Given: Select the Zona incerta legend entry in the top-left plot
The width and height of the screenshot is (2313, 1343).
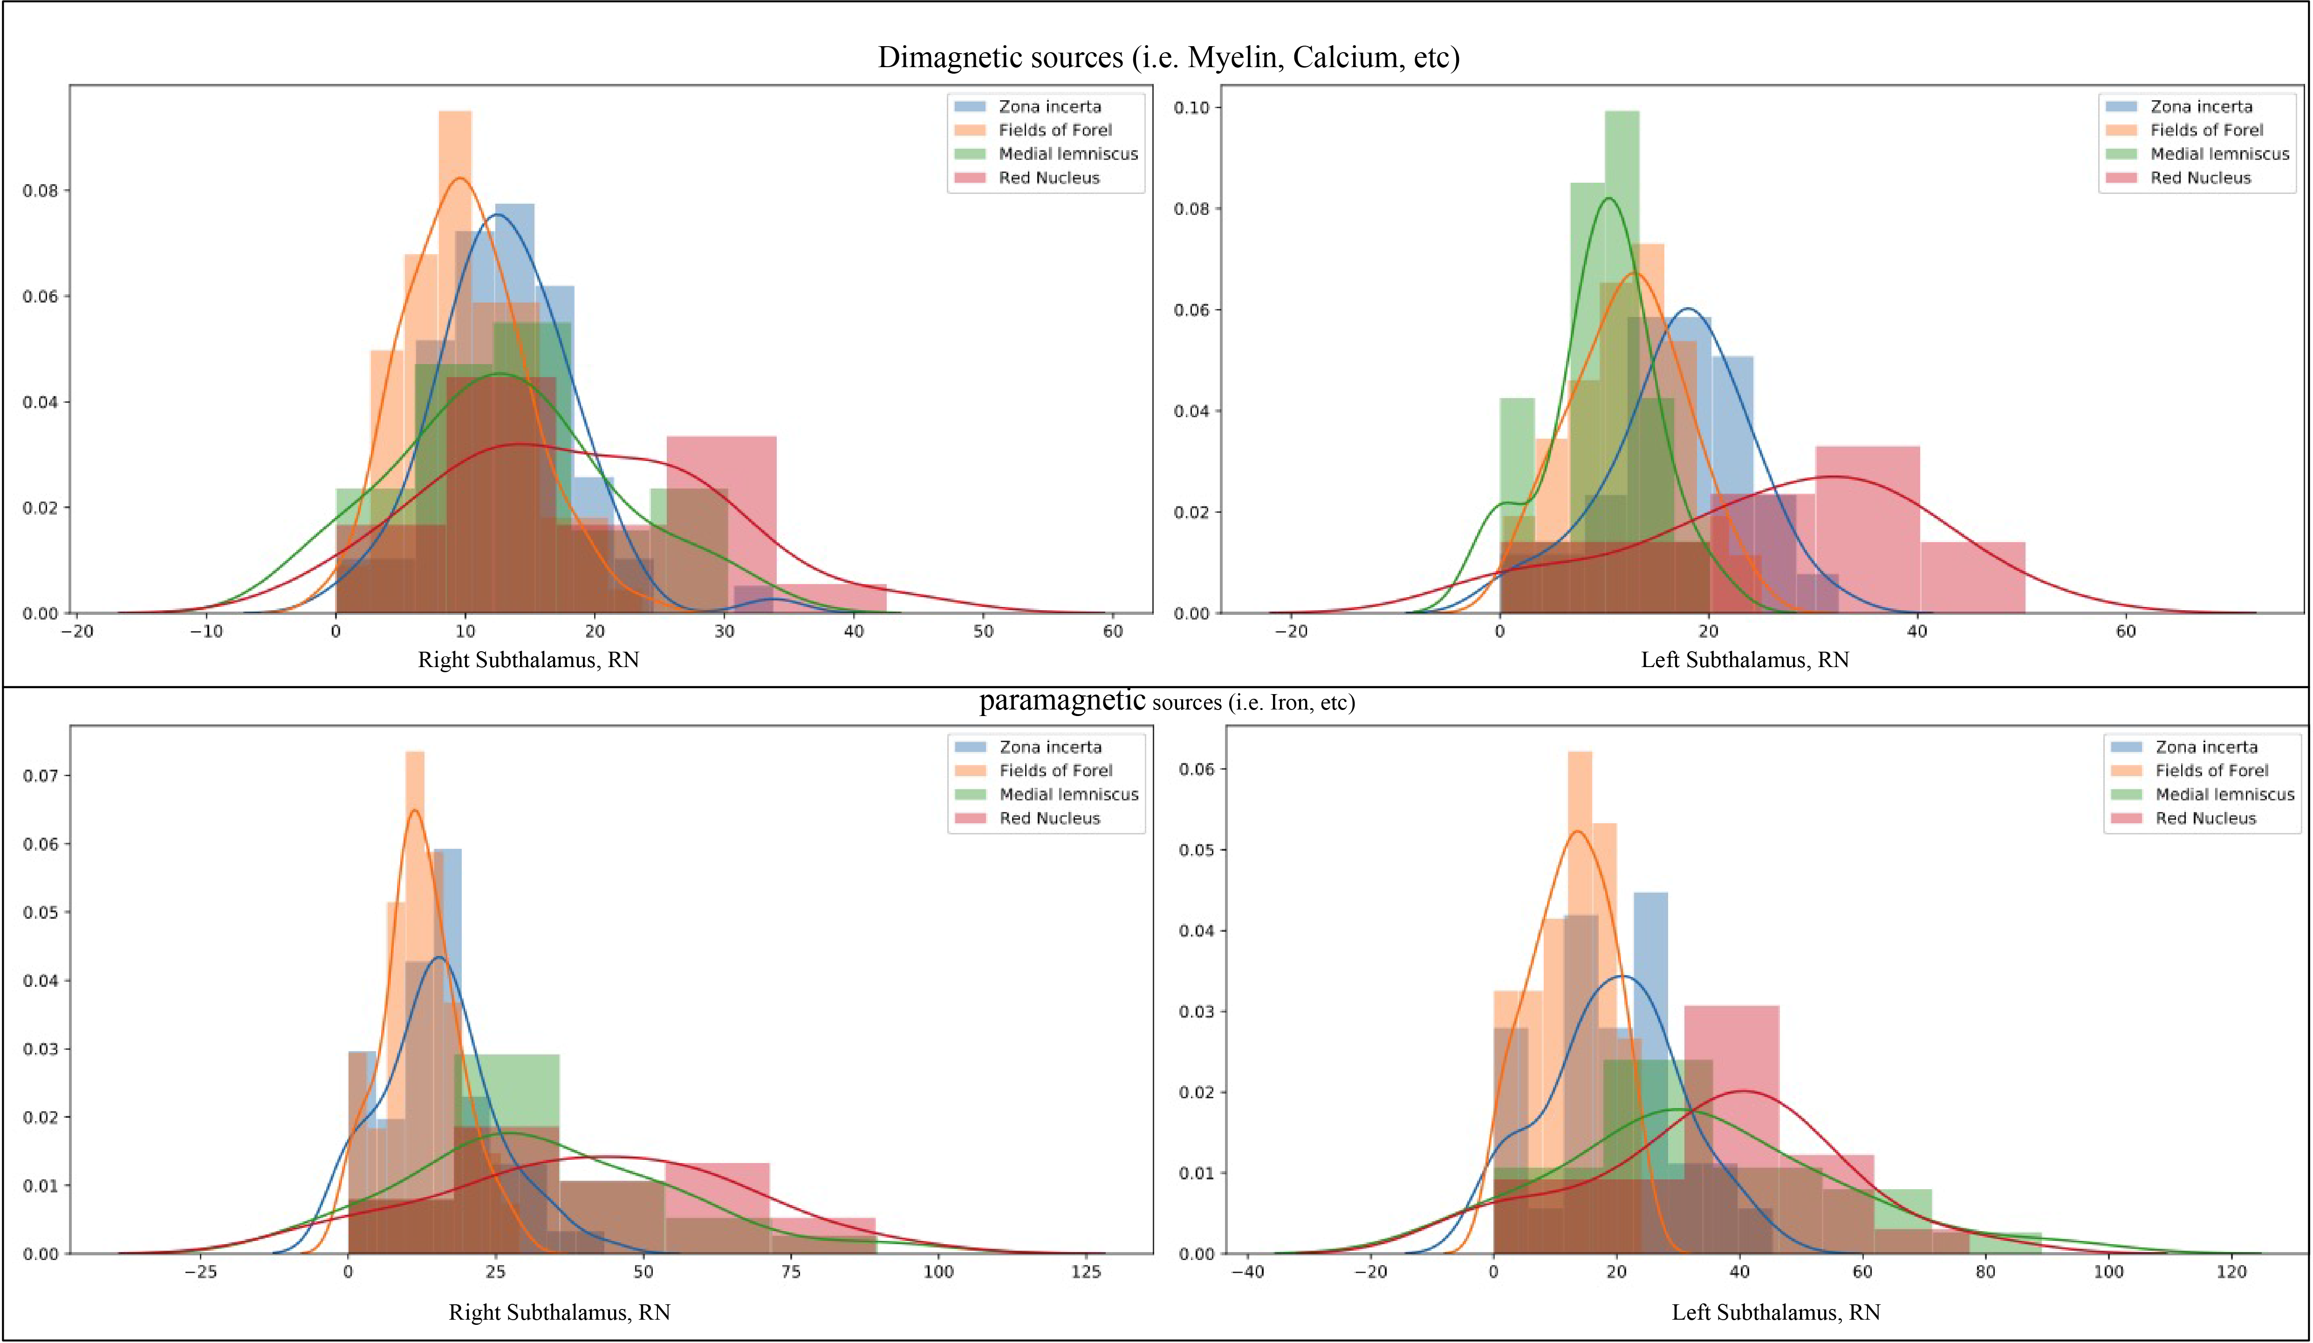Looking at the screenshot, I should coord(1048,106).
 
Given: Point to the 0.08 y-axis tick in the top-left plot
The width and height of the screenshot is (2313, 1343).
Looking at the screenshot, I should coord(40,191).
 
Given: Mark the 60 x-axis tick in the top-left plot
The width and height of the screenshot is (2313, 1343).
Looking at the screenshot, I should coord(1112,632).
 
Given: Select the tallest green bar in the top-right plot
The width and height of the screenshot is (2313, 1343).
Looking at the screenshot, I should coord(1622,275).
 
